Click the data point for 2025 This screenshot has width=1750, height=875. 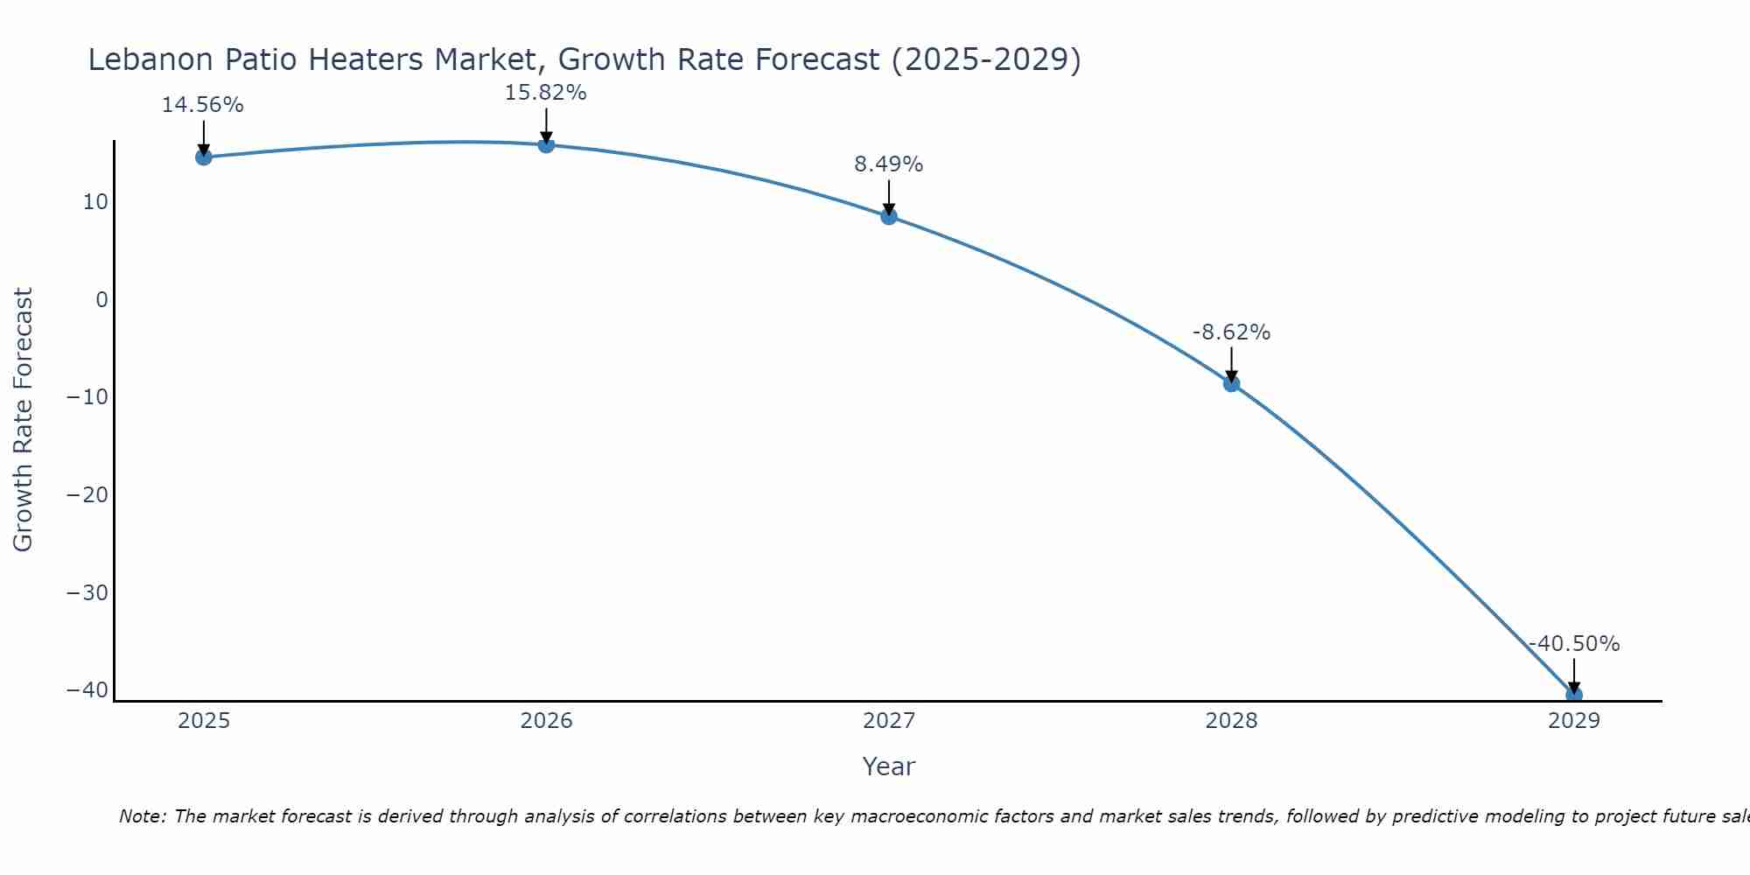pyautogui.click(x=204, y=157)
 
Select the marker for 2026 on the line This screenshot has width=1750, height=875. pyautogui.click(x=546, y=144)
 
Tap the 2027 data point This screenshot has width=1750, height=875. pyautogui.click(x=889, y=216)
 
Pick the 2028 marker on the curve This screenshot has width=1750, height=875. pyautogui.click(x=1231, y=383)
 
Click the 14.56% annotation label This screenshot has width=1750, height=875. pyautogui.click(x=202, y=105)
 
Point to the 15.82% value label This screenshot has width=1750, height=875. pyautogui.click(x=545, y=93)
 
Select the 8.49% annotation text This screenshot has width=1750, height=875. pyautogui.click(x=888, y=164)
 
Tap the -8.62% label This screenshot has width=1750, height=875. pyautogui.click(x=1231, y=332)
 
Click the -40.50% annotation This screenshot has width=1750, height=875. pyautogui.click(x=1573, y=644)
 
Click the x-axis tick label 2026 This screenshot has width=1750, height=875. pyautogui.click(x=546, y=721)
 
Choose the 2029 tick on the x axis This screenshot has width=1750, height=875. pyautogui.click(x=1573, y=721)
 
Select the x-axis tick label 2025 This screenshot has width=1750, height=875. pyautogui.click(x=204, y=721)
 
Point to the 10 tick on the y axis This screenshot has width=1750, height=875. pyautogui.click(x=95, y=202)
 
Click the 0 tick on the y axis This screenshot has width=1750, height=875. pyautogui.click(x=102, y=300)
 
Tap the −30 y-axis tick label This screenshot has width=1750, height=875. pyautogui.click(x=87, y=593)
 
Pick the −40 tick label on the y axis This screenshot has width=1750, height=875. pyautogui.click(x=87, y=690)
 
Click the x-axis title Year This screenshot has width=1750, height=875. pyautogui.click(x=888, y=766)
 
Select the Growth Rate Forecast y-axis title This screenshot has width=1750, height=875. pyautogui.click(x=23, y=420)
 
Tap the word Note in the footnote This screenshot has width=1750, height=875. pyautogui.click(x=141, y=816)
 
